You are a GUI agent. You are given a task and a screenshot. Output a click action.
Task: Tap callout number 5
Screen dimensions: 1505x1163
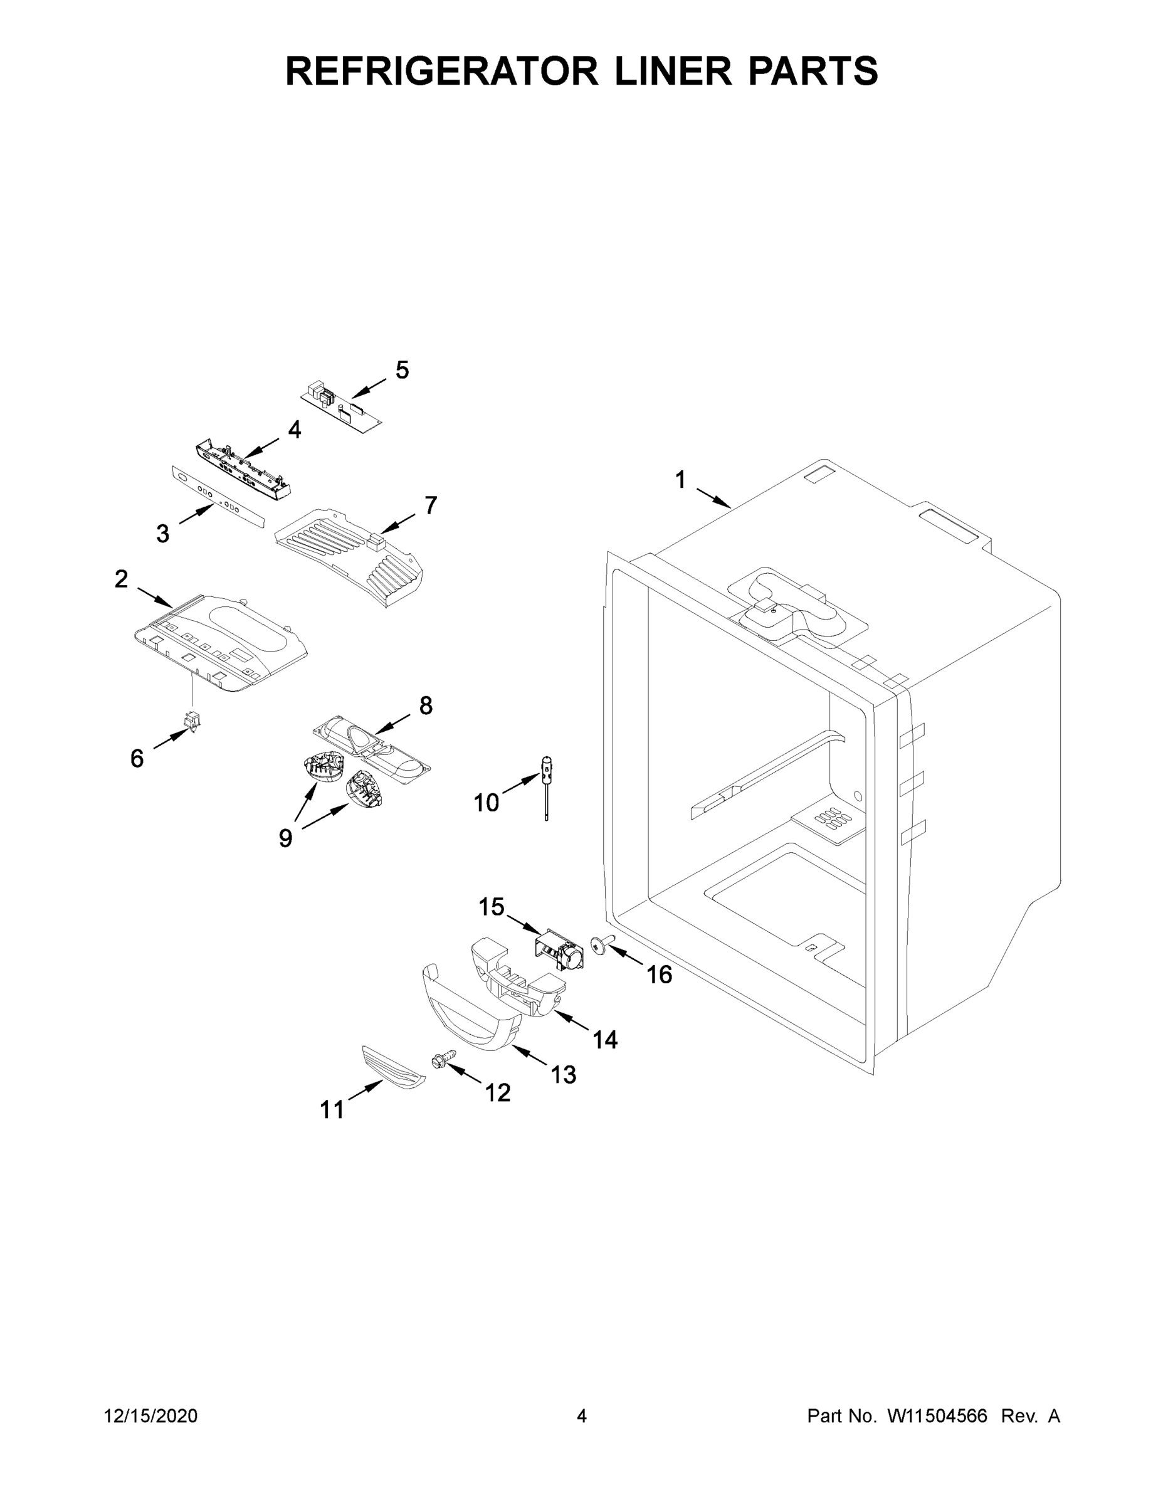(402, 370)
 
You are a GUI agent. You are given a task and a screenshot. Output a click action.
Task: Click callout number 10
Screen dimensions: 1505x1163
(486, 802)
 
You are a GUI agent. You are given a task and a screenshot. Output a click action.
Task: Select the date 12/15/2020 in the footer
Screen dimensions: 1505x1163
(151, 1416)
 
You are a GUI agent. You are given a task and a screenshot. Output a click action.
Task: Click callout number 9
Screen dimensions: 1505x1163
(285, 838)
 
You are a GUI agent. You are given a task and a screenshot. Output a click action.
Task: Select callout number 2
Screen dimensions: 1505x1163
(120, 579)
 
